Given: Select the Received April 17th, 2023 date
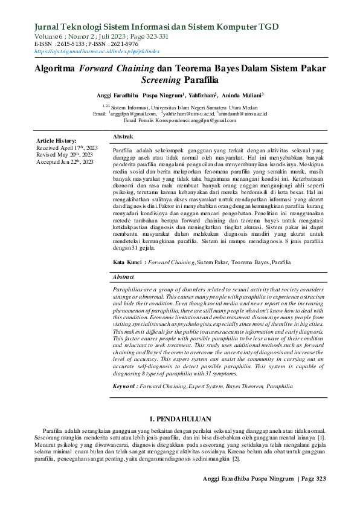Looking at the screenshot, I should click(x=66, y=148).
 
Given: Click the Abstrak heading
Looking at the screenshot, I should click(x=123, y=138).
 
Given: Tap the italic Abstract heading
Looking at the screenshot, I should click(x=125, y=276).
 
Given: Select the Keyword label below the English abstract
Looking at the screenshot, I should click(x=128, y=384).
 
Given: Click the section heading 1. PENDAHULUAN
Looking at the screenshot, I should click(x=179, y=418).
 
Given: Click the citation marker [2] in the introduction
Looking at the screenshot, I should click(x=236, y=458).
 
